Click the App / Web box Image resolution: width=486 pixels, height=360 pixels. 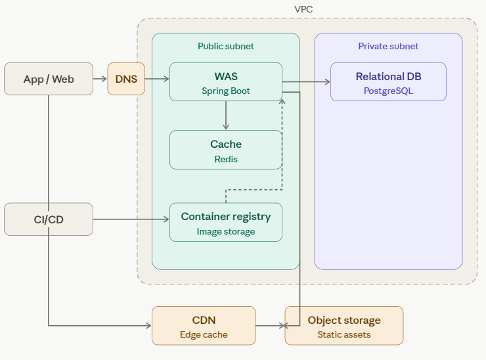(x=49, y=79)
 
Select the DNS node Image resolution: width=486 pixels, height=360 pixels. (x=126, y=79)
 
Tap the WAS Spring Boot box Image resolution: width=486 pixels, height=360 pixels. (x=226, y=82)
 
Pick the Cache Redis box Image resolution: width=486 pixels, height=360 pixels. (x=226, y=150)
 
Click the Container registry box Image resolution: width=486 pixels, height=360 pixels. (x=226, y=222)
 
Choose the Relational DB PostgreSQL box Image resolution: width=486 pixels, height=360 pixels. (x=388, y=82)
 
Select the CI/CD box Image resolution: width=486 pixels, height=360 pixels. (x=49, y=219)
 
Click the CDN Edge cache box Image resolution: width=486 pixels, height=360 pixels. (x=204, y=326)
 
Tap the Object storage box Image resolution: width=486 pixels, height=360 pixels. (x=343, y=326)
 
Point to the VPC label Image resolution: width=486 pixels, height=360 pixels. (x=304, y=9)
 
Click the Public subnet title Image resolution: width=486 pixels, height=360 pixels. (x=226, y=47)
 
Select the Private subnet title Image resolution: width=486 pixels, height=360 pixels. (x=388, y=47)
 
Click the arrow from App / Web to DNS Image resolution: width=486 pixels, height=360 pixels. (x=100, y=79)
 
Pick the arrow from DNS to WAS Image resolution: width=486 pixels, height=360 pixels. (x=157, y=79)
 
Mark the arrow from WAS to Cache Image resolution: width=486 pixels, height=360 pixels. (x=226, y=116)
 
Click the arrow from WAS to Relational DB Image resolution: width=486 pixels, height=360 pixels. (x=306, y=82)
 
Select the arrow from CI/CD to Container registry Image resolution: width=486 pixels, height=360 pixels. (x=131, y=219)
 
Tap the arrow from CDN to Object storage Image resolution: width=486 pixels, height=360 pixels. (x=270, y=326)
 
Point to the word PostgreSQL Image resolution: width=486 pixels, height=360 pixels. (x=388, y=91)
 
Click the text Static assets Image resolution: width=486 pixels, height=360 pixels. (x=343, y=334)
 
